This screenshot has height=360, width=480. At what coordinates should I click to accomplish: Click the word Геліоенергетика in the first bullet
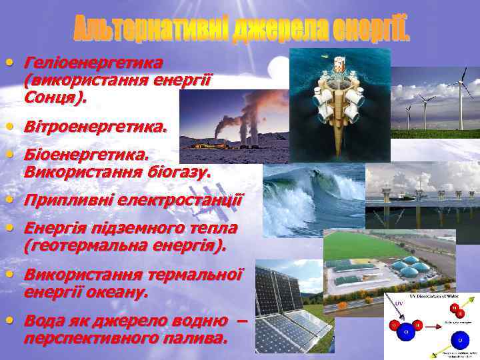click(x=93, y=63)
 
